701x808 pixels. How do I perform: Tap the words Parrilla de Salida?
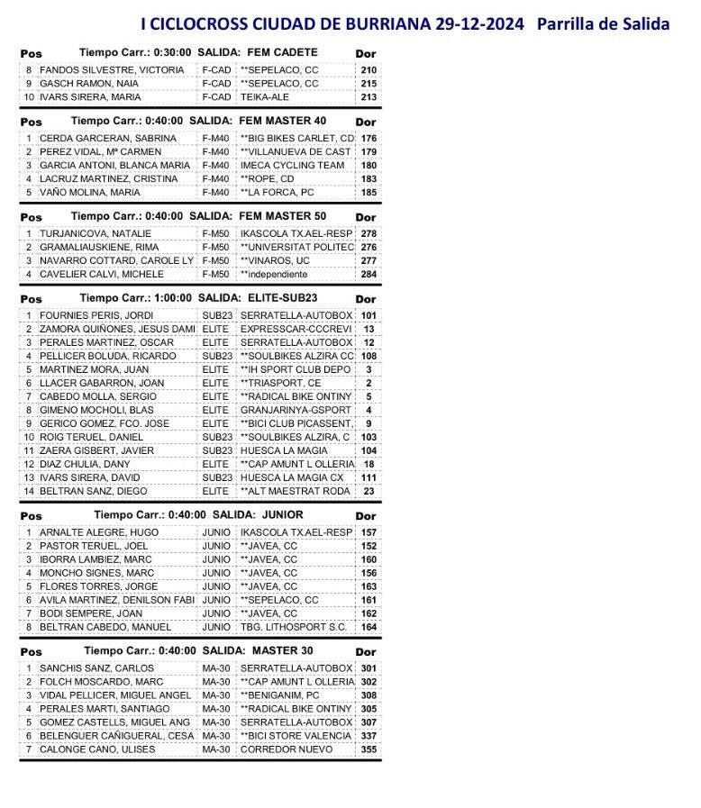pyautogui.click(x=603, y=23)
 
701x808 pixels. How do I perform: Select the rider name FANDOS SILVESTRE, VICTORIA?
pyautogui.click(x=112, y=69)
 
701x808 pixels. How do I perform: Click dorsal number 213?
pyautogui.click(x=369, y=97)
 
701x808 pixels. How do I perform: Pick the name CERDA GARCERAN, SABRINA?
pyautogui.click(x=107, y=138)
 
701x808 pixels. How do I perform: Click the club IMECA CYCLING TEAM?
pyautogui.click(x=292, y=166)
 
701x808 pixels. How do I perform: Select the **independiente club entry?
pyautogui.click(x=274, y=274)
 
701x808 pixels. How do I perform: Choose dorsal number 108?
pyautogui.click(x=369, y=356)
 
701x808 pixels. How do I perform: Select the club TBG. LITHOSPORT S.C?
pyautogui.click(x=294, y=627)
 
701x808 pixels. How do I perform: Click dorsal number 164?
pyautogui.click(x=369, y=627)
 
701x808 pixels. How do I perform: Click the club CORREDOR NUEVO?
pyautogui.click(x=287, y=749)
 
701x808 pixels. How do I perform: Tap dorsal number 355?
pyautogui.click(x=369, y=749)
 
